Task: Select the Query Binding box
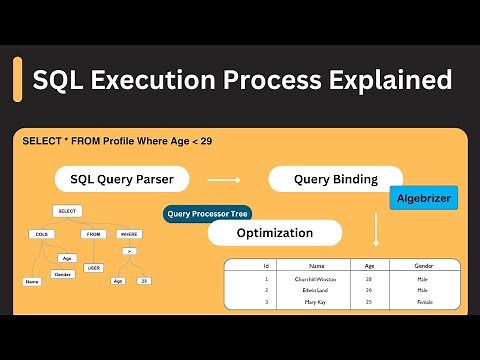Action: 334,180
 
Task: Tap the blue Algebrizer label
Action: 423,199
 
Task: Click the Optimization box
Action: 275,233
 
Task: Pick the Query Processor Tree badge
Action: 208,213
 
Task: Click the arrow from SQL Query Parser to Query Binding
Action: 223,181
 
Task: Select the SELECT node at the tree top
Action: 68,212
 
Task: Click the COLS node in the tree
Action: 41,233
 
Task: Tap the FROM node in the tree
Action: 93,233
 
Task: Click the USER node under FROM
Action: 93,268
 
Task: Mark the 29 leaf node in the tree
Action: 144,281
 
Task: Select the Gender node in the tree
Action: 64,273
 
